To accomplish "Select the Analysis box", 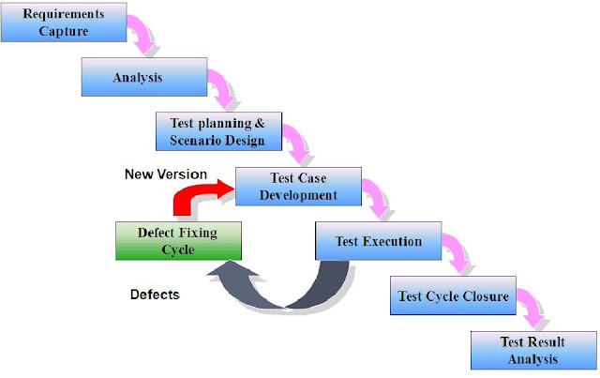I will coord(137,77).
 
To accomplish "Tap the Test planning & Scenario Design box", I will coord(211,131).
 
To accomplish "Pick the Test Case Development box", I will coord(297,187).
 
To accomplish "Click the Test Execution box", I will coord(378,241).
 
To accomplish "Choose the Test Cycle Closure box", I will coord(453,296).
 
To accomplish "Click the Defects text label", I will coord(155,295).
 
